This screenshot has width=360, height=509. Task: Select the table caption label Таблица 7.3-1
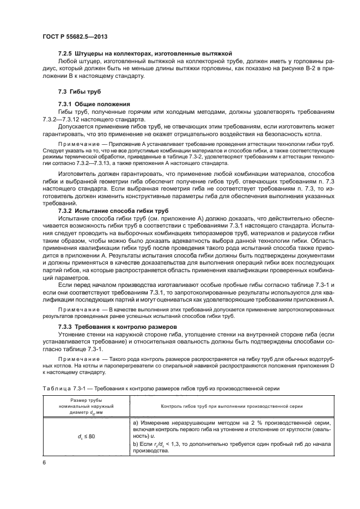tap(63, 388)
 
